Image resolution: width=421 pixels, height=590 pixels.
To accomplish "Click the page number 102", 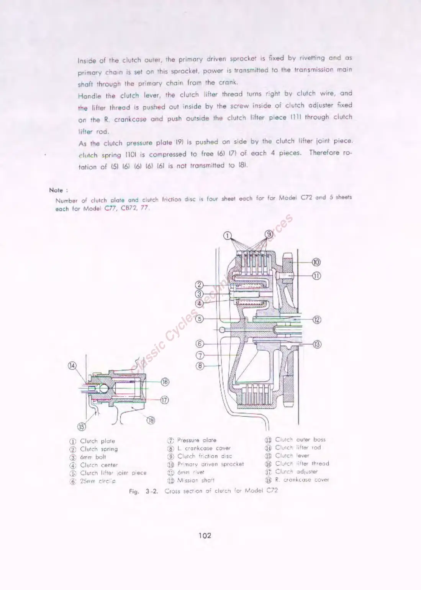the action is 205,535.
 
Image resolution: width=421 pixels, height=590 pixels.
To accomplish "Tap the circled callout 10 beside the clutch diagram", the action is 316,262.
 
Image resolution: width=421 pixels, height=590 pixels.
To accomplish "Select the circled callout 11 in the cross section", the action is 316,275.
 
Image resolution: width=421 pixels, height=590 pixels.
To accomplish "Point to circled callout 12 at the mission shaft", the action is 317,319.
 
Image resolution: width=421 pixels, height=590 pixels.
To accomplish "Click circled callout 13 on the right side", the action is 317,344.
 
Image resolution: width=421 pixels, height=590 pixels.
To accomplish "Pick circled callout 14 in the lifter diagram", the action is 72,365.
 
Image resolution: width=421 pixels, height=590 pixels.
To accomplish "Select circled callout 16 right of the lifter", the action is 165,381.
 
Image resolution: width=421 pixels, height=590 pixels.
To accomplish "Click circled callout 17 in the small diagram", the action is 165,400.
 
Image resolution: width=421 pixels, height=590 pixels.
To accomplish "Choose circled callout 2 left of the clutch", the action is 199,285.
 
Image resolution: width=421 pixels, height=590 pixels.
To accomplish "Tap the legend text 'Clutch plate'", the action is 97,441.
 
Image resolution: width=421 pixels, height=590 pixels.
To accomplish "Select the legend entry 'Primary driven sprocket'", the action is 210,464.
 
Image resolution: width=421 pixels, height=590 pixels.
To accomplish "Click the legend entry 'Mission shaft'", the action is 196,480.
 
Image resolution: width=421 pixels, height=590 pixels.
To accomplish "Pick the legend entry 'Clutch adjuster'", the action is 296,472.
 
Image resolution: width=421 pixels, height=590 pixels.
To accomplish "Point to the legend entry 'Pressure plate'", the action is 197,440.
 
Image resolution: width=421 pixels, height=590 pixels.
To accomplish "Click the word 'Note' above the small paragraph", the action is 56,190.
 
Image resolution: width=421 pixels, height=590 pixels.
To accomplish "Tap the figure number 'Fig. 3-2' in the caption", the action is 144,491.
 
